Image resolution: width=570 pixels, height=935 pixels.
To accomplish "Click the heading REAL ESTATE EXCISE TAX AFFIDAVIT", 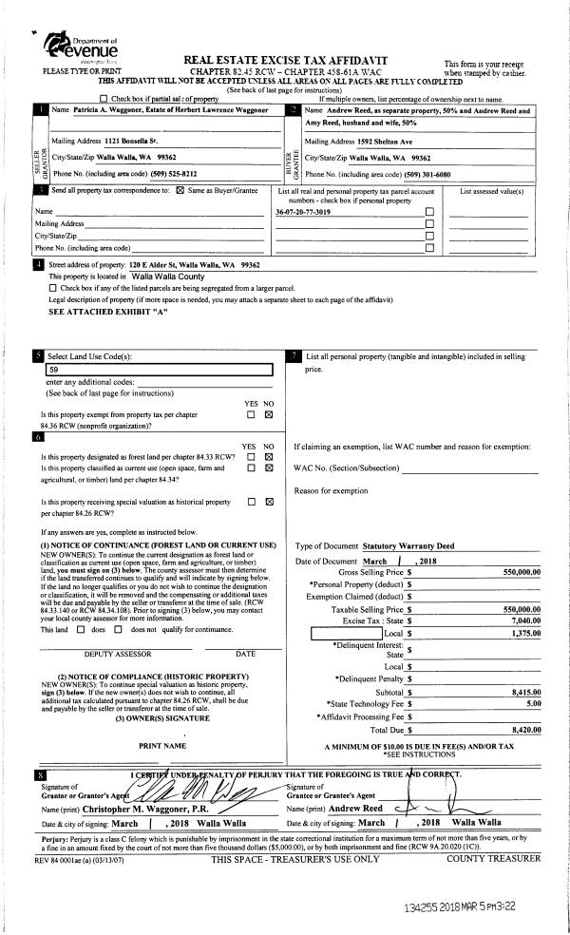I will point(284,60).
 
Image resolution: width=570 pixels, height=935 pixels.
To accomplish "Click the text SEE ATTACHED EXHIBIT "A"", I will point(95,311).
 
